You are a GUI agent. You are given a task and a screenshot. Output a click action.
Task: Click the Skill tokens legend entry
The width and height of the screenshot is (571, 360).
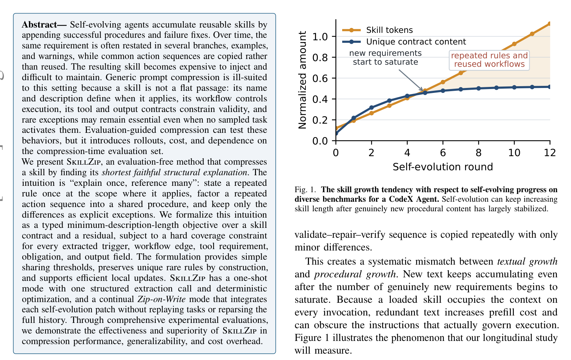[377, 30]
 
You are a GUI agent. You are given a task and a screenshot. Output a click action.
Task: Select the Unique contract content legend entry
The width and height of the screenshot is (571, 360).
[404, 42]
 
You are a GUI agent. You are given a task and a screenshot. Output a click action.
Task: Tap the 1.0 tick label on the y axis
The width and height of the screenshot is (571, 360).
[320, 37]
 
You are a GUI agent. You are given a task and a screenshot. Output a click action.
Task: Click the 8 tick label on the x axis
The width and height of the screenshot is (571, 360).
[478, 153]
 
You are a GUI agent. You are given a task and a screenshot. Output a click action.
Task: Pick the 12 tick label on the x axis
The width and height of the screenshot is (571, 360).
[550, 153]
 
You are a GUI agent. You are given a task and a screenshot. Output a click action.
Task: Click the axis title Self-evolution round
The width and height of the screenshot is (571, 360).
[443, 167]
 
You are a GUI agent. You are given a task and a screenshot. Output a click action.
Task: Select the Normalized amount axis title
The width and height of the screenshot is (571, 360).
[302, 80]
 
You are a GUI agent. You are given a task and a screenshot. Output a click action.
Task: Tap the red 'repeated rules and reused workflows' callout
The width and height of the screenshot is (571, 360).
[489, 60]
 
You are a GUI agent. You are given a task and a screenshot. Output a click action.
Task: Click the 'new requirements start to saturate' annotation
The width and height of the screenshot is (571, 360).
[385, 58]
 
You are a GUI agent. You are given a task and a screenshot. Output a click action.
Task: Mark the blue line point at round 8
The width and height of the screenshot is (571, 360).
[478, 88]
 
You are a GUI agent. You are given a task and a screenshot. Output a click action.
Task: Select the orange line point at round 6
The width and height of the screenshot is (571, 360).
[443, 82]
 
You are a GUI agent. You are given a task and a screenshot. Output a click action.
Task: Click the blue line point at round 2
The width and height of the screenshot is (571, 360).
[371, 108]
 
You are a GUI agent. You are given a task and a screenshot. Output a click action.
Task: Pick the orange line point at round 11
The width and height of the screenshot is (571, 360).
[532, 34]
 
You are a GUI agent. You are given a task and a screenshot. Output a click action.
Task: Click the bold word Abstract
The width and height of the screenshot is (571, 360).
[40, 25]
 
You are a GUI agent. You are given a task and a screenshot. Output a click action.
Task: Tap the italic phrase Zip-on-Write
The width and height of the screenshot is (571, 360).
[162, 299]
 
